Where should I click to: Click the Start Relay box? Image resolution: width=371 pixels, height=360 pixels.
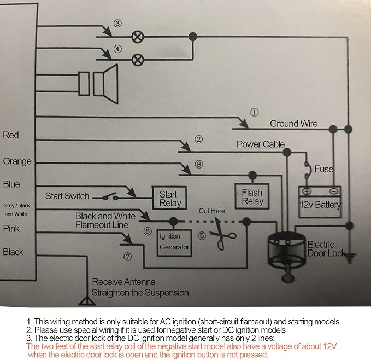pyautogui.click(x=169, y=198)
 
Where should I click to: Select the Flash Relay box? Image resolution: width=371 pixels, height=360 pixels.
pyautogui.click(x=252, y=196)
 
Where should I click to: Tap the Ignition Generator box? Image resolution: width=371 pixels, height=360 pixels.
pyautogui.click(x=174, y=243)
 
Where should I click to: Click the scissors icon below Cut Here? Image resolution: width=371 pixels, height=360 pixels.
pyautogui.click(x=222, y=235)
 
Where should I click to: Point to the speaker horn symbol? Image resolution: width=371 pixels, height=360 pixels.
pyautogui.click(x=98, y=84)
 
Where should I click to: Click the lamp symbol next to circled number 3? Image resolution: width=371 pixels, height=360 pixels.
pyautogui.click(x=138, y=37)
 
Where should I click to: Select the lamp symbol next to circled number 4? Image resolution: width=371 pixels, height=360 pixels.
pyautogui.click(x=138, y=60)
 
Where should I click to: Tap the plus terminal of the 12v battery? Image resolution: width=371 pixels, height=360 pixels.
pyautogui.click(x=307, y=191)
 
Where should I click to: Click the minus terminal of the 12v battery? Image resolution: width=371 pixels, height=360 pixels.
pyautogui.click(x=334, y=190)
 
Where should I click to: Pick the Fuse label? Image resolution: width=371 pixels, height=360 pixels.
pyautogui.click(x=324, y=169)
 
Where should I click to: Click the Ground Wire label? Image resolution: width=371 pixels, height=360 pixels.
pyautogui.click(x=293, y=124)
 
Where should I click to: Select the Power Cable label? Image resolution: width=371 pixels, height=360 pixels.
pyautogui.click(x=261, y=144)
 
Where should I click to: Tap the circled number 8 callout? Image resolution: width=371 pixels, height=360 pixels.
pyautogui.click(x=199, y=164)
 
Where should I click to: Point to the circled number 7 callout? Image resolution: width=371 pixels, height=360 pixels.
pyautogui.click(x=127, y=257)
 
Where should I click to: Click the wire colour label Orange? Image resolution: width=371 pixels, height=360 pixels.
pyautogui.click(x=17, y=161)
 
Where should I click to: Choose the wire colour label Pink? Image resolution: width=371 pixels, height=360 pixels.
pyautogui.click(x=11, y=229)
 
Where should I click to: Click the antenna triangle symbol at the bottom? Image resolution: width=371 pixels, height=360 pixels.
pyautogui.click(x=87, y=300)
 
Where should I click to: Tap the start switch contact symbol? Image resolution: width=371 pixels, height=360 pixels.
pyautogui.click(x=109, y=196)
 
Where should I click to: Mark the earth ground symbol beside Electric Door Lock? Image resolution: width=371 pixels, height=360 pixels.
pyautogui.click(x=349, y=258)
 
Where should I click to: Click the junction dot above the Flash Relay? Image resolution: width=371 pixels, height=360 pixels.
pyautogui.click(x=252, y=175)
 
